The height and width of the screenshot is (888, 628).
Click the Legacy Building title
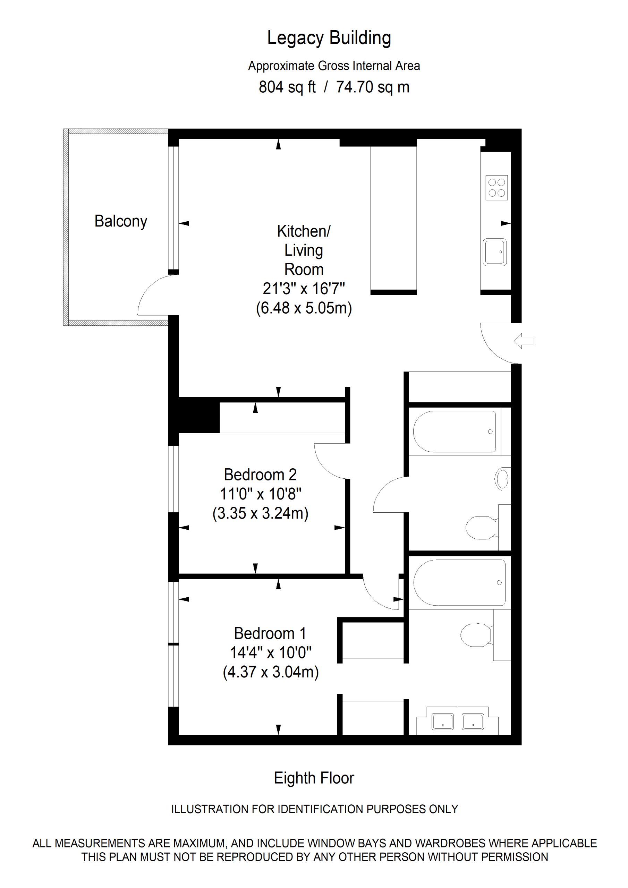coord(329,38)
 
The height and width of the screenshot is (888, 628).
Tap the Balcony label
coord(121,221)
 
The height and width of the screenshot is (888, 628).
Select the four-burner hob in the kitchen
coord(497,188)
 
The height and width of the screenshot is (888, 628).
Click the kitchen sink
coord(494,252)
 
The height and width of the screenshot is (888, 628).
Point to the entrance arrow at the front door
coord(524,341)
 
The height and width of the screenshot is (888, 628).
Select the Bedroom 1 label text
coord(270,633)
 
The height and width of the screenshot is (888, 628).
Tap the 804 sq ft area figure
coord(287,87)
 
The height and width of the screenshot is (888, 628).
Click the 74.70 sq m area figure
coord(373,87)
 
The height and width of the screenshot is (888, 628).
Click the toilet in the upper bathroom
coord(481,528)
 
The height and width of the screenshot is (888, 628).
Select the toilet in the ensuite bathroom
coord(476,635)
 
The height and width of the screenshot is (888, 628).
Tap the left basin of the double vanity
coord(443,721)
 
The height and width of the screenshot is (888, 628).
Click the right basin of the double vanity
coord(473,721)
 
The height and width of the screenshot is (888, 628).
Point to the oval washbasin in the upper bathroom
coord(503,479)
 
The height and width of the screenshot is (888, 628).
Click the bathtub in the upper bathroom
coord(454,431)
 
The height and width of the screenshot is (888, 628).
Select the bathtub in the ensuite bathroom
coord(459,582)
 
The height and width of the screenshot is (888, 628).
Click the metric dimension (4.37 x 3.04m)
coord(271,672)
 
